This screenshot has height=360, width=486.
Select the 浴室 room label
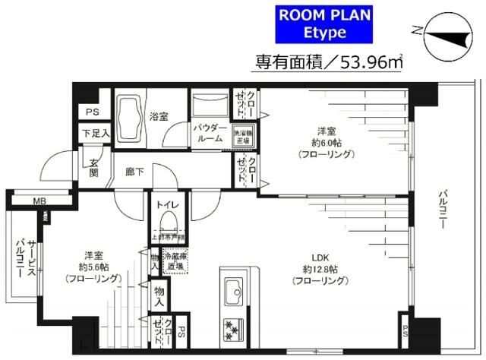pos(159,117)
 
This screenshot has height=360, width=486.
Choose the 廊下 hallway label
pos(134,172)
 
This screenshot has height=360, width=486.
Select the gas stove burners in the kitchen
pos(231,327)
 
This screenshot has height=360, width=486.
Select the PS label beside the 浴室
pos(92,112)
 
